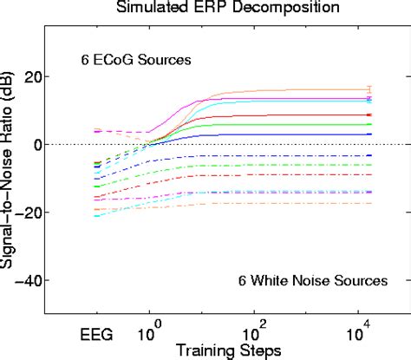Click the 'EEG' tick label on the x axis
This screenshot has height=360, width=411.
pos(96,333)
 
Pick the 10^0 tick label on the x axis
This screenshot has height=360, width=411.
pos(149,331)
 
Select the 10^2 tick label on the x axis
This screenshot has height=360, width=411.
pos(253,331)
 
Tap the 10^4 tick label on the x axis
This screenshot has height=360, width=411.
pos(358,331)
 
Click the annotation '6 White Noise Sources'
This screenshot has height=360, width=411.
pos(311,280)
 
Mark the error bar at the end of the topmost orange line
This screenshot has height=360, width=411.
pos(370,89)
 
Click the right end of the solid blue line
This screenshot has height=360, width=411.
pos(370,134)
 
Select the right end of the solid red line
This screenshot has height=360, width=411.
pos(370,115)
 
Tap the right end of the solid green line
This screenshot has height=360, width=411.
pos(370,125)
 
